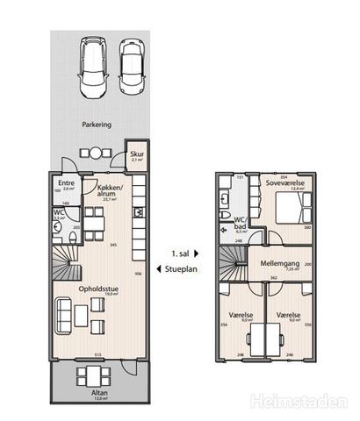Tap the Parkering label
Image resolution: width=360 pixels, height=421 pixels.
tap(97, 125)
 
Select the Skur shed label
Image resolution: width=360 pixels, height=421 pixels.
tap(137, 157)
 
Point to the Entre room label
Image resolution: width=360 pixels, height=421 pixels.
tap(65, 184)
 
